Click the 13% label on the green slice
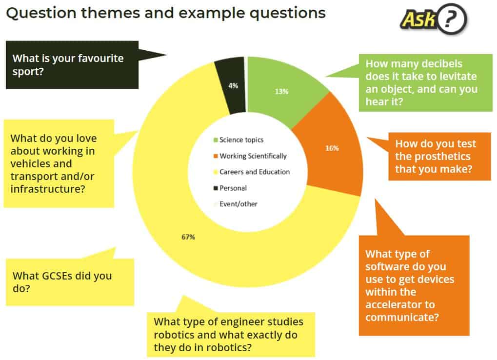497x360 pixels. pyautogui.click(x=281, y=92)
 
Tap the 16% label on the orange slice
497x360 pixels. pyautogui.click(x=332, y=148)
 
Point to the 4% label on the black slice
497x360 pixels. pyautogui.click(x=233, y=85)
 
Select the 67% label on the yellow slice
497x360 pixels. pyautogui.click(x=188, y=237)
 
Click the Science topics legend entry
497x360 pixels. pyautogui.click(x=239, y=140)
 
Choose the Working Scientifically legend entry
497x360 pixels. pyautogui.click(x=250, y=156)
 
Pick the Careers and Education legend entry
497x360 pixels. pyautogui.click(x=252, y=172)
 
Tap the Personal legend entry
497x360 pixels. pyautogui.click(x=230, y=188)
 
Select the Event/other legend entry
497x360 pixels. pyautogui.click(x=236, y=204)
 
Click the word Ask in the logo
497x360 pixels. pyautogui.click(x=418, y=19)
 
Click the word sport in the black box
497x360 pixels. pyautogui.click(x=25, y=72)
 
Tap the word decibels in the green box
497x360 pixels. pyautogui.click(x=442, y=64)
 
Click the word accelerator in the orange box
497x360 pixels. pyautogui.click(x=400, y=304)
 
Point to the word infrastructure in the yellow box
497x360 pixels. pyautogui.click(x=47, y=189)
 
